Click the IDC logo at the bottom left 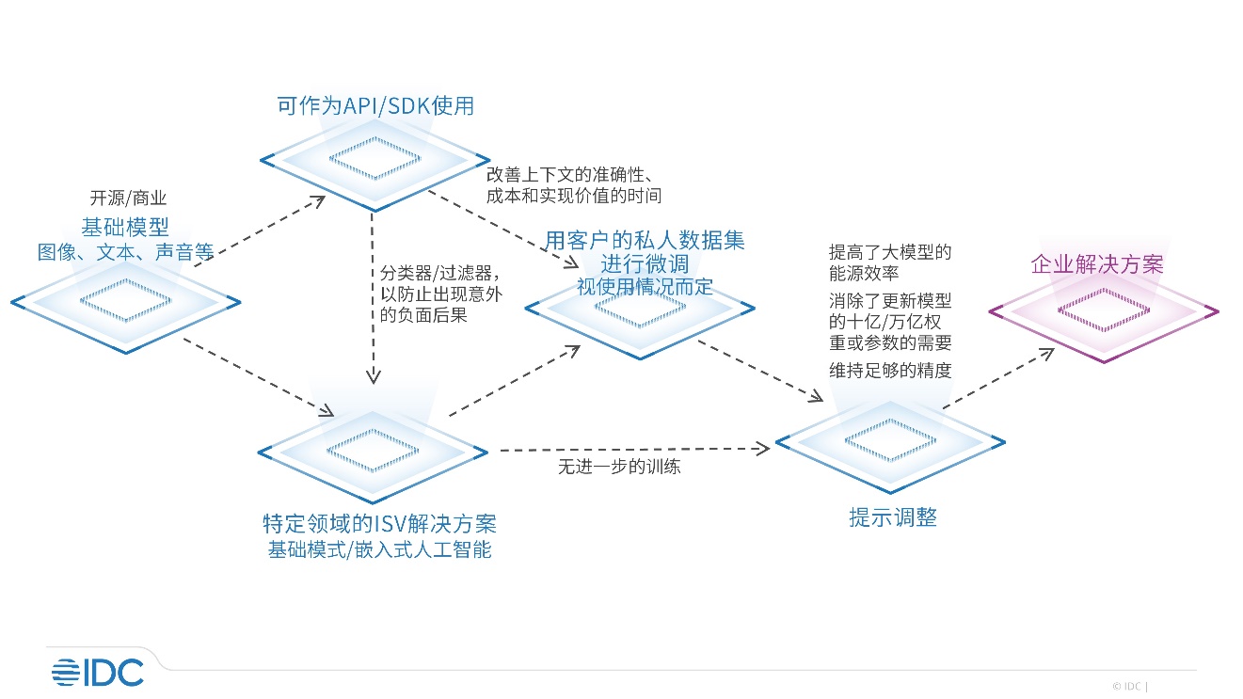tap(98, 673)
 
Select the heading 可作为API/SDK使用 tap(375, 105)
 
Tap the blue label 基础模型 tap(125, 227)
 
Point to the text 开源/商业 tap(128, 199)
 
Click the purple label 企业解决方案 tap(1097, 264)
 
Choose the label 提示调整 tap(893, 517)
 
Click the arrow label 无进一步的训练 tap(619, 467)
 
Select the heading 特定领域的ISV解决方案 tap(379, 524)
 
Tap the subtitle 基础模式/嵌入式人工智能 tap(379, 549)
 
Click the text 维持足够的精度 tap(890, 370)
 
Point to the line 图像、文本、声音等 tap(125, 252)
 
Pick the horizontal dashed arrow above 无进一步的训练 tap(635, 449)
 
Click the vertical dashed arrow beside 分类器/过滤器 tap(373, 298)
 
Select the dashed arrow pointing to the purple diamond tap(999, 378)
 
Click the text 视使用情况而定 tap(645, 287)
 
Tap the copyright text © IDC tap(1126, 686)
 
